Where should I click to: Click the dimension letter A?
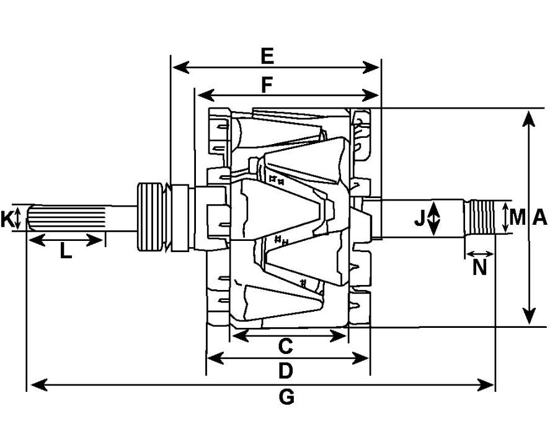539,218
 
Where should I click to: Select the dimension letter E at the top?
267,57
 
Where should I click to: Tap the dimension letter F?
267,85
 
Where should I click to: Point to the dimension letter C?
285,346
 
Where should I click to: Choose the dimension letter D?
285,371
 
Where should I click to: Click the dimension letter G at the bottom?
286,397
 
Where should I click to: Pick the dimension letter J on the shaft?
420,218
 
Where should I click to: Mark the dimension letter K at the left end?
7,219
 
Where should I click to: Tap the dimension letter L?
66,251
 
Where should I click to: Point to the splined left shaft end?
62,218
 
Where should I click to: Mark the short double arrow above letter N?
479,254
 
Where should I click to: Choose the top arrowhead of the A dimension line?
529,117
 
